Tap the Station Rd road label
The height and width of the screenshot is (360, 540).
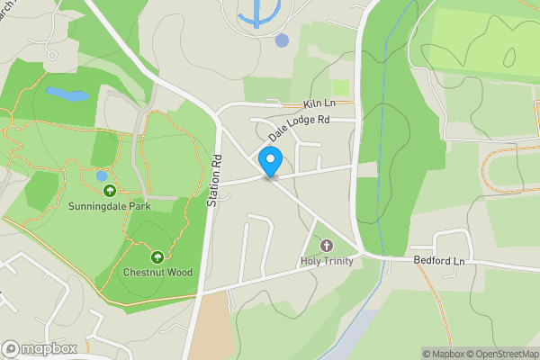pos(214,180)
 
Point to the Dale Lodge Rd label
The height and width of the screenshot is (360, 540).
pos(299,126)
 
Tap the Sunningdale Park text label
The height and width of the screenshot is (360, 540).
pos(109,206)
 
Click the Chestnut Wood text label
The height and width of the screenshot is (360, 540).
pos(157,272)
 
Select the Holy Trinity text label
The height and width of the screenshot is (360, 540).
pos(326,261)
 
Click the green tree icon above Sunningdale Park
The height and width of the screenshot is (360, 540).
pos(109,191)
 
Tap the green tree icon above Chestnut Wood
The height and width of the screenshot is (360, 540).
pos(157,257)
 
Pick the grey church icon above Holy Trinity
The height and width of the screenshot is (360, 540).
pos(326,246)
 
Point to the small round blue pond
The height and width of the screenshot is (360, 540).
pos(283,40)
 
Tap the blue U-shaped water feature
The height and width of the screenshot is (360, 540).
pos(259,13)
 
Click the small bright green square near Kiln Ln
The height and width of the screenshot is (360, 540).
pos(340,87)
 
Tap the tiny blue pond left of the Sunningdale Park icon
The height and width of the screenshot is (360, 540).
pos(102,175)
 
